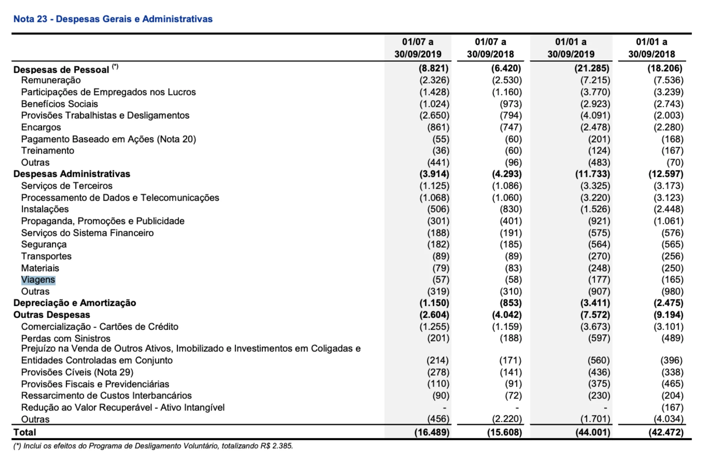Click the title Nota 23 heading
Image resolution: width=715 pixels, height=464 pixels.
pos(113,19)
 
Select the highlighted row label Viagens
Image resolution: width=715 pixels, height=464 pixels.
pos(38,280)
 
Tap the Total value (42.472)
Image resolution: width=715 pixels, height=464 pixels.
pos(666,432)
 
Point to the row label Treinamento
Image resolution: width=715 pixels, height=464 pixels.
pos(48,151)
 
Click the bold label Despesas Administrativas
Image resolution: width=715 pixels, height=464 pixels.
pos(72,174)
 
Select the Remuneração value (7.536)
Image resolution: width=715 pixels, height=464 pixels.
pos(668,80)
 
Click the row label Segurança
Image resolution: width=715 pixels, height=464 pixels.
pos(44,244)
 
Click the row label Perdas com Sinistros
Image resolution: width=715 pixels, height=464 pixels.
pos(66,338)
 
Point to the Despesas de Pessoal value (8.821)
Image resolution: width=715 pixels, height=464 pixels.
pos(433,68)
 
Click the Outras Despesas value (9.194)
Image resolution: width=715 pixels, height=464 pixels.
pos(666,315)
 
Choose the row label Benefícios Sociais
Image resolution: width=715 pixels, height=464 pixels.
pos(59,104)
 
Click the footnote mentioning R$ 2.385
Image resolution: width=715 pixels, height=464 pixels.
pos(153,446)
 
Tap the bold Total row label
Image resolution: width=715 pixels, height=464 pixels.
pos(25,432)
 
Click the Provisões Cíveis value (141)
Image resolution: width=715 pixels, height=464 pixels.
pos(511,372)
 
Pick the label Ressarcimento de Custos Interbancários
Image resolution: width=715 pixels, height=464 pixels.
pos(106,395)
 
